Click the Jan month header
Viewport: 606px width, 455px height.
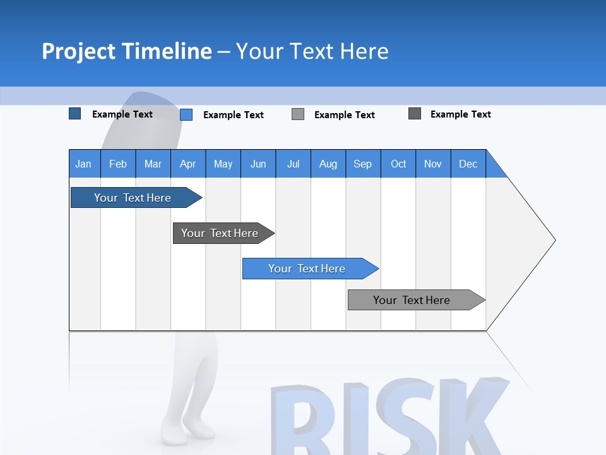83,164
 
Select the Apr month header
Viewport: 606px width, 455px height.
187,164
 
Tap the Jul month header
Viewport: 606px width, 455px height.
293,164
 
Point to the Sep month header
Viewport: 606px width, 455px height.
362,164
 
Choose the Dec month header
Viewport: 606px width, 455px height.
468,164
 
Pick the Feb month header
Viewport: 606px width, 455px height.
118,164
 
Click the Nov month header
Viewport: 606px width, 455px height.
433,164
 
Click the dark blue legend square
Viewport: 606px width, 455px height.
75,114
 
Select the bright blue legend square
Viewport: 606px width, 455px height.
186,114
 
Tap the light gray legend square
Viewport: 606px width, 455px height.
298,114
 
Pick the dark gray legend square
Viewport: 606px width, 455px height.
415,114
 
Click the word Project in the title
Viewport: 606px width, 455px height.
78,51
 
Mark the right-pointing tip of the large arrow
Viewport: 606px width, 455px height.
554,240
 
